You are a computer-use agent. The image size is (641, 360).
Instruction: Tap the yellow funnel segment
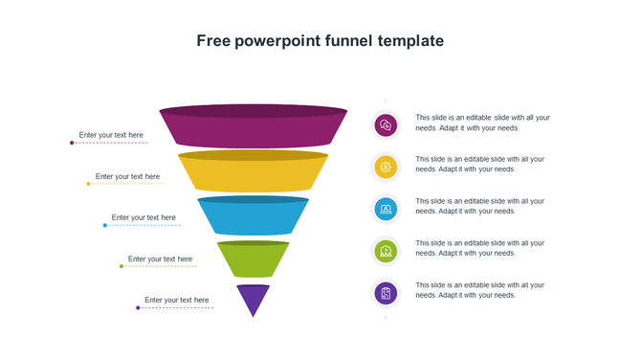253,172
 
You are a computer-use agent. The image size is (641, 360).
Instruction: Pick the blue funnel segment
253,215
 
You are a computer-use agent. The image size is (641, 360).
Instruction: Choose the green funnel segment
253,260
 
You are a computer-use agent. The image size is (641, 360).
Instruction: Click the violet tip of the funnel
253,298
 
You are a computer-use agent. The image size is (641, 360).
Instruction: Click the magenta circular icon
386,124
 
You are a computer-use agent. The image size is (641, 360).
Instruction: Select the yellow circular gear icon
386,167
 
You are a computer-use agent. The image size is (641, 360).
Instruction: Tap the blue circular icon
386,209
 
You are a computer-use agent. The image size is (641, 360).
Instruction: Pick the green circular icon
386,251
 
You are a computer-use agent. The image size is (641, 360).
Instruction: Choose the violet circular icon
386,293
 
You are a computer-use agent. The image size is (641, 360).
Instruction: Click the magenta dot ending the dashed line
72,143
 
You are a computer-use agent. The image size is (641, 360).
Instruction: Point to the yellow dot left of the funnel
88,184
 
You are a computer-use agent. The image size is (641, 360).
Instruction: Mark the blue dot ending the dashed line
105,225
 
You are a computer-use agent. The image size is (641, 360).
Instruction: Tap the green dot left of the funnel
122,266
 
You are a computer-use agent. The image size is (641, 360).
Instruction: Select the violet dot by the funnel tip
138,307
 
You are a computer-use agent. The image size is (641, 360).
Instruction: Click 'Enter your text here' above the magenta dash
111,135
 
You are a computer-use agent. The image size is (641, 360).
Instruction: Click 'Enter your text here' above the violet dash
176,300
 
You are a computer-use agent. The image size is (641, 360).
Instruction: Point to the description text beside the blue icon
479,206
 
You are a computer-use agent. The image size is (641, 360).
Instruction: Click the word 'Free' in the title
212,41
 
